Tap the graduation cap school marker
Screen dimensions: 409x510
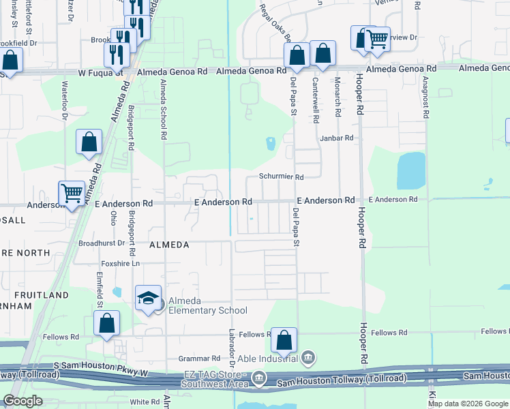point(148,299)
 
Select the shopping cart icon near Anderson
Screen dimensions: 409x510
point(72,193)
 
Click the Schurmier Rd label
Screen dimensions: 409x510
point(281,177)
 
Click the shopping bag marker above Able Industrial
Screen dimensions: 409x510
point(284,339)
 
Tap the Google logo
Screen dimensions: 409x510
point(22,401)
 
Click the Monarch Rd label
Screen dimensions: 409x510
point(337,100)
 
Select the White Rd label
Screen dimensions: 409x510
point(145,402)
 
